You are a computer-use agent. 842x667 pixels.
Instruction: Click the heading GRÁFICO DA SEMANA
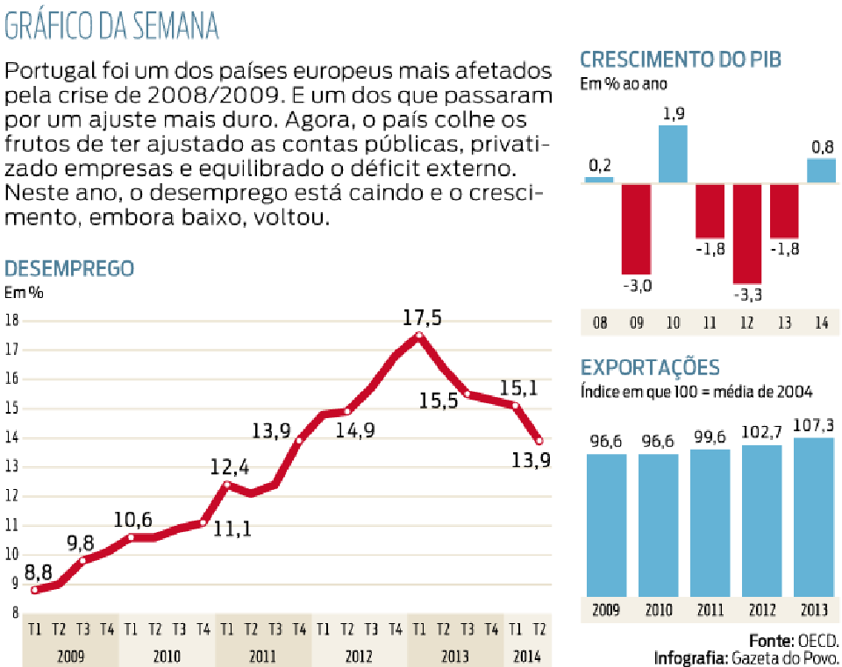(x=111, y=25)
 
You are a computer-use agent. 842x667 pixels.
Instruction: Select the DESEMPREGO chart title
(x=69, y=269)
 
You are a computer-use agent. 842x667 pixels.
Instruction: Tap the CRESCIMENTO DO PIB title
(x=681, y=60)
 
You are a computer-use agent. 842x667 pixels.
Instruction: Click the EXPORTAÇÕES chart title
(x=650, y=367)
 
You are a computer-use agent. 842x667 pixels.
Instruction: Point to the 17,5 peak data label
(x=422, y=317)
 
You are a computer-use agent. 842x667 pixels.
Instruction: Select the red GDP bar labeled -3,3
(x=747, y=234)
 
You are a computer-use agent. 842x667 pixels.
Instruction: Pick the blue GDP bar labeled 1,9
(x=673, y=154)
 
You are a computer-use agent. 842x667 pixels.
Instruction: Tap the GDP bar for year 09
(x=637, y=229)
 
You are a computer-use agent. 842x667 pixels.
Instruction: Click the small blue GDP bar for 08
(x=599, y=181)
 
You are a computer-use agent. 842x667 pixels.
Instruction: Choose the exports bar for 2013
(x=814, y=517)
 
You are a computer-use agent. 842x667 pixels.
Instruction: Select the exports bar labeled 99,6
(x=710, y=523)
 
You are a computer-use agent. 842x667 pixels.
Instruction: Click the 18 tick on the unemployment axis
(x=11, y=321)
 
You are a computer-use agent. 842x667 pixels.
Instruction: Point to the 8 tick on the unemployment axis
(x=16, y=613)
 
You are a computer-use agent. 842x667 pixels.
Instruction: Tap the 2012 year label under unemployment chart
(x=359, y=656)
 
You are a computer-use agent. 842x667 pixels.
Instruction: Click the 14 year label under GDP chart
(x=822, y=323)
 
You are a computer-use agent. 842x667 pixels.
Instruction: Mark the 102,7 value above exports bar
(x=761, y=432)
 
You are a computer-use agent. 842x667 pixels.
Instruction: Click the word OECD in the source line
(x=817, y=641)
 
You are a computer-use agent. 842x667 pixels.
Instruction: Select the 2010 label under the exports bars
(x=659, y=610)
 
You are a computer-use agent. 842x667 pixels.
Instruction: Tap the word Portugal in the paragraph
(x=51, y=72)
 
